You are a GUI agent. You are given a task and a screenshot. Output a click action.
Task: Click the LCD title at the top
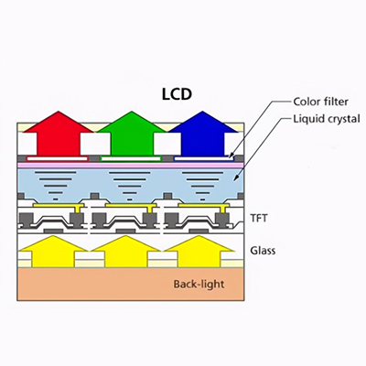point(177,94)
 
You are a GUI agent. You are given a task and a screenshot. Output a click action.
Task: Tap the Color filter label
point(320,102)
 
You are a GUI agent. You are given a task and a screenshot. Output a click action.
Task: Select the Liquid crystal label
point(327,119)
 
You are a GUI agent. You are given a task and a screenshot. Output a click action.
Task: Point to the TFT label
point(259,219)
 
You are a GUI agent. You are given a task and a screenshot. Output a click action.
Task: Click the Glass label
point(263,251)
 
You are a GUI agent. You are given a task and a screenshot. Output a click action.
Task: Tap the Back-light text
point(199,285)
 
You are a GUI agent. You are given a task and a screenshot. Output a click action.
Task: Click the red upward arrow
point(59,134)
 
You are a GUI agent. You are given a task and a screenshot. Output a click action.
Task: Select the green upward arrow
point(133,134)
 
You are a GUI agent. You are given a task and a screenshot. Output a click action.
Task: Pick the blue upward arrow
point(203,134)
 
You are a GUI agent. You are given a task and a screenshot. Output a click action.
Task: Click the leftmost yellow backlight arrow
point(53,252)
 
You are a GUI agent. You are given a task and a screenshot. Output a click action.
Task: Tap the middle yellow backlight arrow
point(126,252)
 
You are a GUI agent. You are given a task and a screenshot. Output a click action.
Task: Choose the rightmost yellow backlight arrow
point(199,252)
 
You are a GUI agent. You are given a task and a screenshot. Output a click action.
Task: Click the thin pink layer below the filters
point(131,165)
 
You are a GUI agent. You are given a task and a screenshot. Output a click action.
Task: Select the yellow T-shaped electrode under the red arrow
point(58,206)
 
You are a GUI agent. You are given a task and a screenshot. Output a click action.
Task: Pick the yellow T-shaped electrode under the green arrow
point(131,206)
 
